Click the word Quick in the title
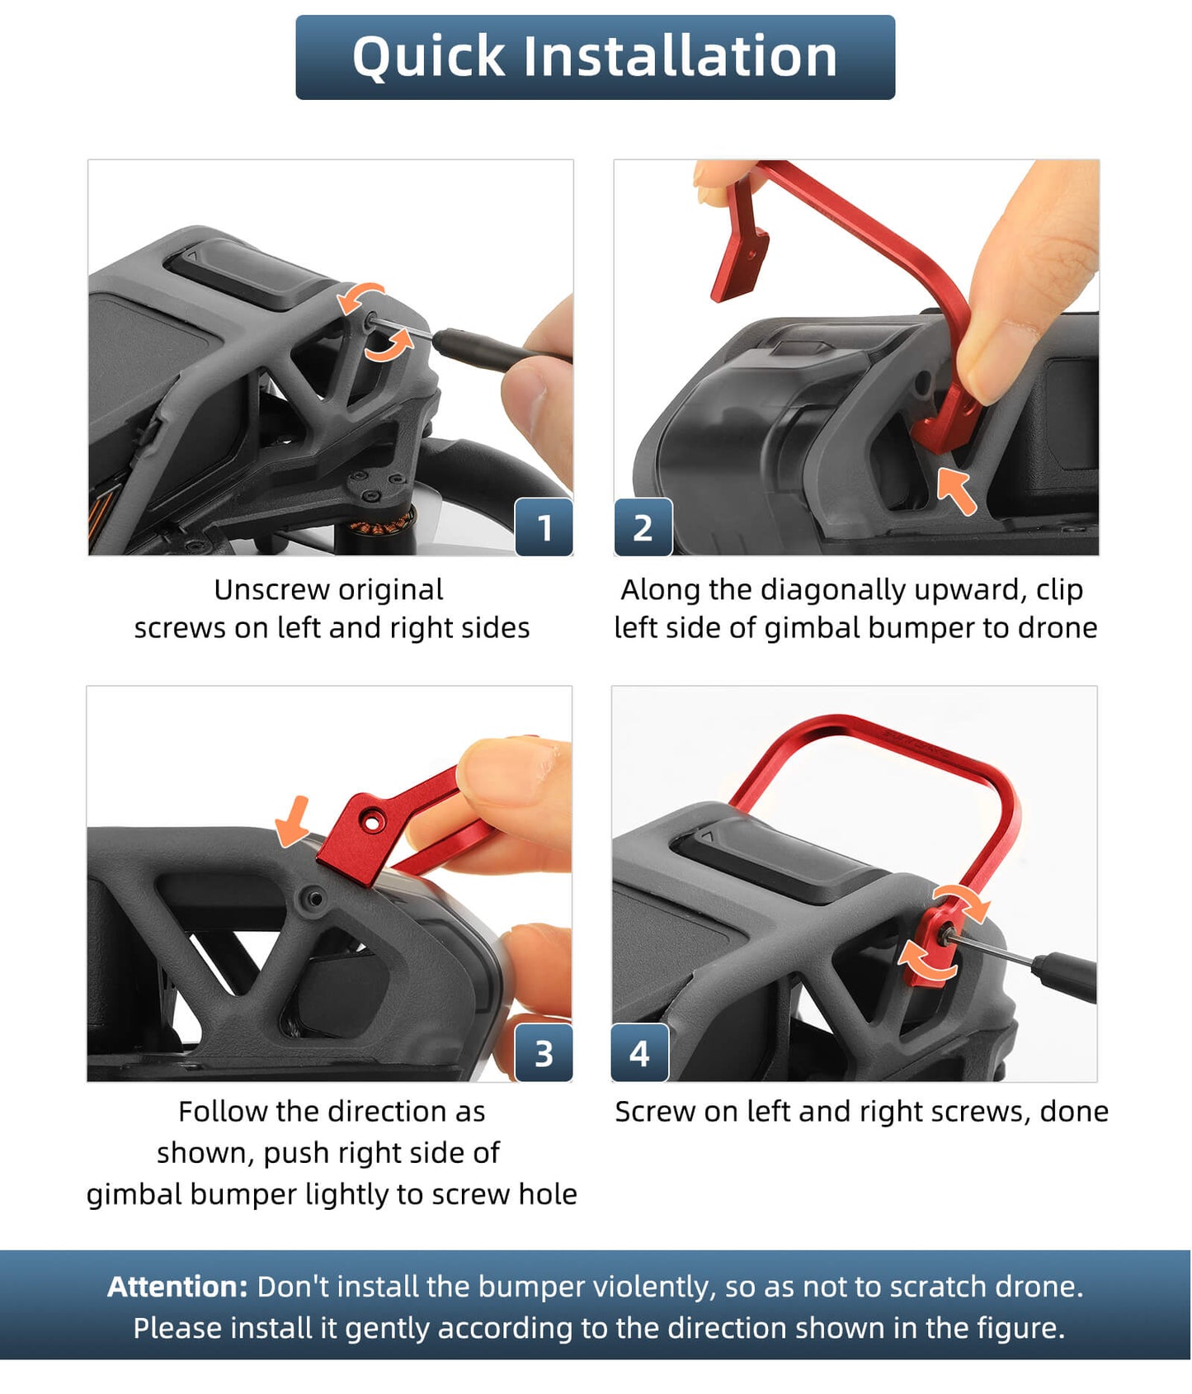(428, 58)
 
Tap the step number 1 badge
(544, 527)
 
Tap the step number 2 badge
(643, 527)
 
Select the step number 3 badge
(544, 1053)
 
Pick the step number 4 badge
(639, 1053)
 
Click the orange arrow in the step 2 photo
(957, 491)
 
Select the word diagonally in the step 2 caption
(833, 591)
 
